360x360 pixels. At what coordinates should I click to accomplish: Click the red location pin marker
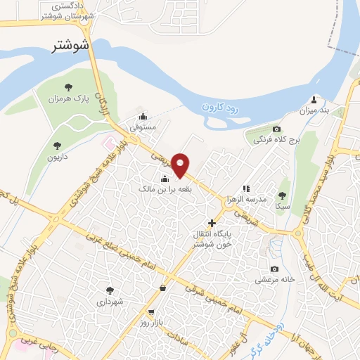181,165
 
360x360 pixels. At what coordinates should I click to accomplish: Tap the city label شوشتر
74,46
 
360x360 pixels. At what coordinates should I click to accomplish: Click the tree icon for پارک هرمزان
68,87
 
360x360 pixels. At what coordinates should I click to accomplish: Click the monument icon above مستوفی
143,117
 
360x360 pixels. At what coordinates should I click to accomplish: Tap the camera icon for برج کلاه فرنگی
276,129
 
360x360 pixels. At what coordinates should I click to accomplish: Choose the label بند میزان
315,110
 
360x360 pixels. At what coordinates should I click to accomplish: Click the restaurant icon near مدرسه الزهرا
246,188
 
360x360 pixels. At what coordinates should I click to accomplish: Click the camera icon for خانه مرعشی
274,269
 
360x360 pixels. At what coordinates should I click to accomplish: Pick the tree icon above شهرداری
109,289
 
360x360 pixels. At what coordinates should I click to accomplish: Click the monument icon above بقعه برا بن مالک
155,177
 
